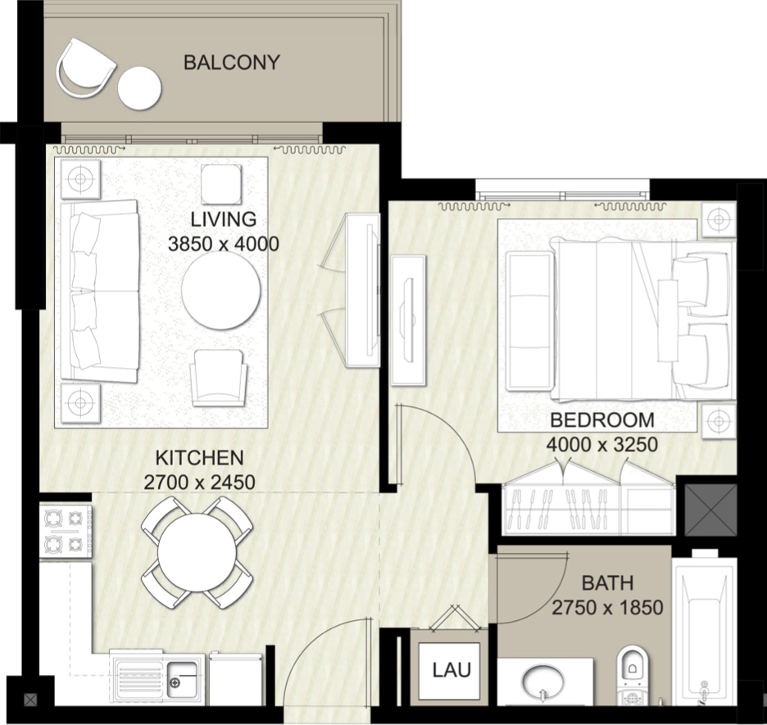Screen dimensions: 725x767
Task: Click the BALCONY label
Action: click(231, 62)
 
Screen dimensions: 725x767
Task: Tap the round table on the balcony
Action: click(139, 87)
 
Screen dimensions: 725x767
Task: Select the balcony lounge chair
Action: click(85, 68)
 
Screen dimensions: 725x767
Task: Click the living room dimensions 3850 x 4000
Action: click(223, 244)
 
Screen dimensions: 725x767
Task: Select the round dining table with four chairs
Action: click(197, 553)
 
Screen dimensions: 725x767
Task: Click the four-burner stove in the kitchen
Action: click(66, 532)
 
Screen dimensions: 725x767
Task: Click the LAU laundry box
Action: click(452, 670)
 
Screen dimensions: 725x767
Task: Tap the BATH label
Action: click(607, 583)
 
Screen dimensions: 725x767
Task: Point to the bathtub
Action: click(705, 631)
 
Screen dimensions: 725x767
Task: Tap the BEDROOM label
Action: click(602, 421)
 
